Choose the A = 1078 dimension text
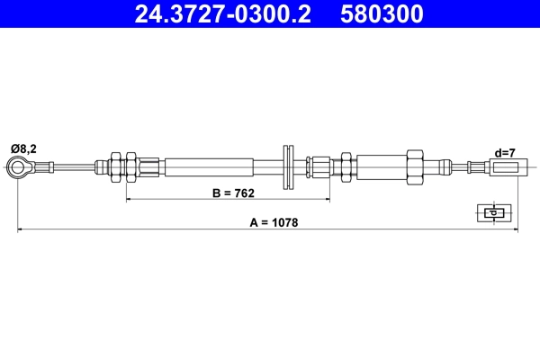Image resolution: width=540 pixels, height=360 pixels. click(268, 222)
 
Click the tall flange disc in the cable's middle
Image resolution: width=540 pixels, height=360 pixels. click(289, 166)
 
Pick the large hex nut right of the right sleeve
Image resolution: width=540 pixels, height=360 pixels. click(415, 166)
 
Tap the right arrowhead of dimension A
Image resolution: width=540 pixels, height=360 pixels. click(517, 230)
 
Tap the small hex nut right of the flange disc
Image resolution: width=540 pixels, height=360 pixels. click(310, 166)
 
